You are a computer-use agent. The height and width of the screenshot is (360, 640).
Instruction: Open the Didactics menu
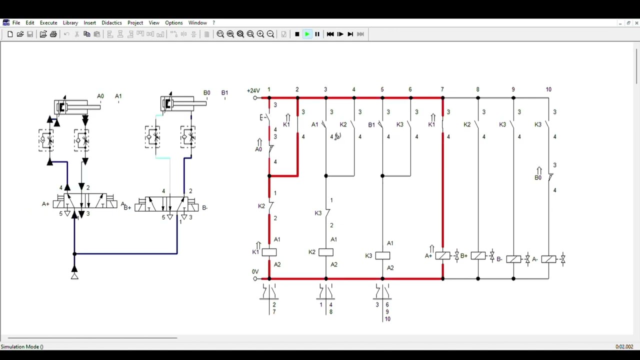click(x=111, y=23)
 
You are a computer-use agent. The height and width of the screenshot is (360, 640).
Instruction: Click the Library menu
click(x=70, y=23)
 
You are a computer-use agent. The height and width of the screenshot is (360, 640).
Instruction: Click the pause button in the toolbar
click(x=317, y=34)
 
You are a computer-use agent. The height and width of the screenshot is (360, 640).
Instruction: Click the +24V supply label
click(x=253, y=90)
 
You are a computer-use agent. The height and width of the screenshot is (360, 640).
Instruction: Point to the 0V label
click(x=255, y=272)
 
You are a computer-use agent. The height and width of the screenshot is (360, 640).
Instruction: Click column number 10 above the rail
click(x=548, y=89)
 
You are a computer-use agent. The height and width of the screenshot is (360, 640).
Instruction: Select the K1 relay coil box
click(x=269, y=252)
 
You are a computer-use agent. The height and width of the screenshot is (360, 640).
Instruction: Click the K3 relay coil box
click(x=382, y=255)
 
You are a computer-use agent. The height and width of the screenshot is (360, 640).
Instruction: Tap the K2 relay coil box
click(x=325, y=252)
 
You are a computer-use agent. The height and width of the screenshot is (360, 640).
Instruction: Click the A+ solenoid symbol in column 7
click(x=442, y=256)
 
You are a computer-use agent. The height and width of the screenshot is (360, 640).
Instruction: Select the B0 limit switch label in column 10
click(x=538, y=177)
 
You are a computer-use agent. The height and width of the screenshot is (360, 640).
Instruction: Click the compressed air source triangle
click(x=74, y=275)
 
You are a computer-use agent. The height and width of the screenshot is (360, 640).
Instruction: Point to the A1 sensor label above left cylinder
click(x=118, y=96)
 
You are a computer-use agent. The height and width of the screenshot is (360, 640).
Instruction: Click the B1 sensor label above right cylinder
click(x=224, y=93)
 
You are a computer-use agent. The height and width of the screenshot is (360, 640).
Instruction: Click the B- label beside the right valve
click(x=204, y=207)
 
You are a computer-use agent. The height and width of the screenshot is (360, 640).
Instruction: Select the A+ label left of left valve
click(x=45, y=204)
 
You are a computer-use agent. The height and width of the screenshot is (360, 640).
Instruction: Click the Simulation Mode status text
click(x=22, y=346)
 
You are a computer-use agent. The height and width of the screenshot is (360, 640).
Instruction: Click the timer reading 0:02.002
click(x=624, y=346)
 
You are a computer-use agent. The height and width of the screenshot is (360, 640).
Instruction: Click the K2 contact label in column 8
click(x=467, y=124)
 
